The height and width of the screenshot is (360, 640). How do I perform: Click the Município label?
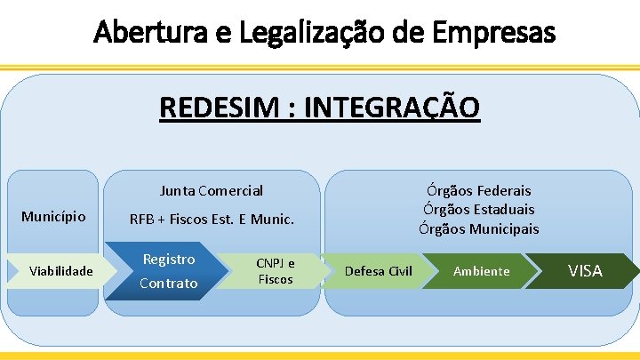[x=53, y=216]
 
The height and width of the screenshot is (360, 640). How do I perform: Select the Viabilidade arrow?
[x=60, y=270]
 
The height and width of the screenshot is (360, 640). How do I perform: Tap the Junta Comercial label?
[x=212, y=190]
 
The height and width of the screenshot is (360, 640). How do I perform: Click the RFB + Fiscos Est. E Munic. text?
[x=212, y=219]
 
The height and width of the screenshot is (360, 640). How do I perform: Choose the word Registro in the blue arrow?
[x=169, y=260]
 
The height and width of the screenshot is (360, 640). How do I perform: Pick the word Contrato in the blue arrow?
[x=169, y=283]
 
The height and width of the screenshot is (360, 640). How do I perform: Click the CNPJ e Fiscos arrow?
[x=276, y=270]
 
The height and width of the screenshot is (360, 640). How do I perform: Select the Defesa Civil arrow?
[x=378, y=270]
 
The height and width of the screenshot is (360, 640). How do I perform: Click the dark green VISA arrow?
[x=585, y=270]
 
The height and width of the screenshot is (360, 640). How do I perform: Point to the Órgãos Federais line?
[x=478, y=190]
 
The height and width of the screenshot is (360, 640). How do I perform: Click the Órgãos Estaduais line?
[x=478, y=210]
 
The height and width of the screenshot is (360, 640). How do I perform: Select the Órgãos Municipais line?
[x=478, y=228]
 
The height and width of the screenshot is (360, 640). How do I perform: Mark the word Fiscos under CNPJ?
[x=276, y=279]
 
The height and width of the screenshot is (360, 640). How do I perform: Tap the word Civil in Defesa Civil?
[x=396, y=270]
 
